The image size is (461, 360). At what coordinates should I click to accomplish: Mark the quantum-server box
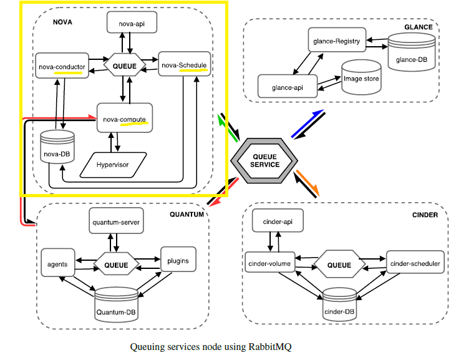point(116,221)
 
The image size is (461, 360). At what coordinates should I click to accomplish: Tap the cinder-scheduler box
point(415,264)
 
